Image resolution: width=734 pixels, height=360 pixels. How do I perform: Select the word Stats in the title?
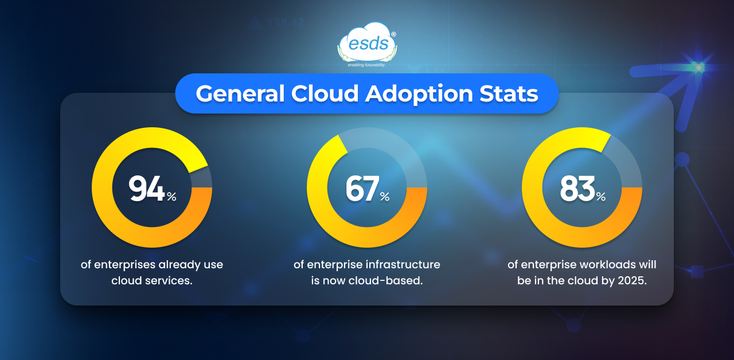(x=509, y=93)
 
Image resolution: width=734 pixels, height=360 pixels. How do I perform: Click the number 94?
(x=147, y=189)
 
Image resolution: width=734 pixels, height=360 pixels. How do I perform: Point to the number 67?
(x=362, y=189)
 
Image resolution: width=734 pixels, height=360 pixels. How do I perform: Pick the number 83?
(x=577, y=189)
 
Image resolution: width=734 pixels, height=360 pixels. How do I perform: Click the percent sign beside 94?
(x=171, y=197)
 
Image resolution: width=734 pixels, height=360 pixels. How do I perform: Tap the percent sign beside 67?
(x=384, y=197)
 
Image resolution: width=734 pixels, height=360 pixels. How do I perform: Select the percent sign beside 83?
(x=600, y=197)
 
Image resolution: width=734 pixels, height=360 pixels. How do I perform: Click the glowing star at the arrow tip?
(x=698, y=67)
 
